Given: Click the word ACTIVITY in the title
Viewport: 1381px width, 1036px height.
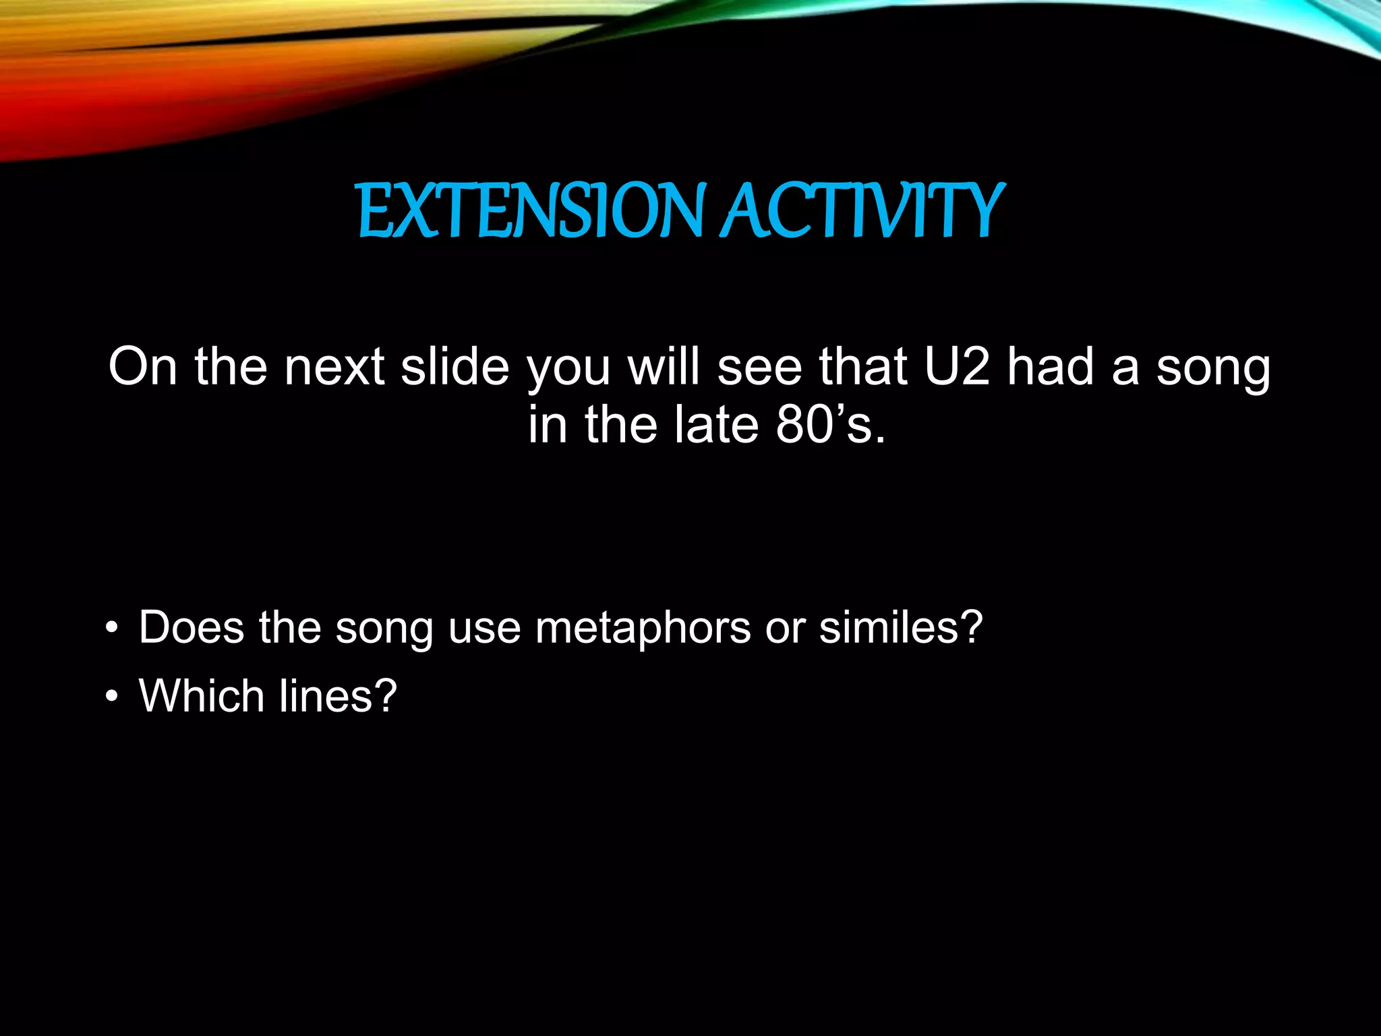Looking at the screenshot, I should (x=863, y=212).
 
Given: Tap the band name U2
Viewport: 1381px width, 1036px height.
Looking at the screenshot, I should (x=957, y=368).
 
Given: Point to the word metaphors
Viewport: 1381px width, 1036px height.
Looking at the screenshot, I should (x=643, y=628).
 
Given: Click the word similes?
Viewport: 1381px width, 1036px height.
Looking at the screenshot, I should (x=901, y=628).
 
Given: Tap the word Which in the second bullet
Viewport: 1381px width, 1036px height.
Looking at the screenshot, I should (x=201, y=696).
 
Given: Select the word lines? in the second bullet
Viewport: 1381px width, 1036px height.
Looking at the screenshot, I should (x=338, y=696).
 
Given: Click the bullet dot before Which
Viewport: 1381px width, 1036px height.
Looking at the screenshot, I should (x=112, y=698).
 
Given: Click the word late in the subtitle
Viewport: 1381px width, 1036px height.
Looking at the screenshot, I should (x=717, y=426).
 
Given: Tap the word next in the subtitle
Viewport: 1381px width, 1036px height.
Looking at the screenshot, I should (x=334, y=368).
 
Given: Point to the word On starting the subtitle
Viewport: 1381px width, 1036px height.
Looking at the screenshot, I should (x=143, y=368).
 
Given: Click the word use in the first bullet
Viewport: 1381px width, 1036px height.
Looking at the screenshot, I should (x=484, y=628).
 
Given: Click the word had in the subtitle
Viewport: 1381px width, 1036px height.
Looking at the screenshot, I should (x=1050, y=368).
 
